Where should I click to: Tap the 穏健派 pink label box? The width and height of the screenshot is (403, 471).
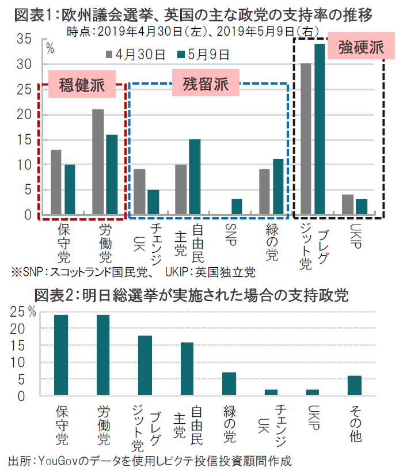(x=82, y=85)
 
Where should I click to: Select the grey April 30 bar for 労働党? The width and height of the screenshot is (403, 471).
(x=98, y=162)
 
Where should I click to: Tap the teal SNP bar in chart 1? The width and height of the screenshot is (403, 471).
(x=237, y=207)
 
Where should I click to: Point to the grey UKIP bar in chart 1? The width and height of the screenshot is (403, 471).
(x=348, y=204)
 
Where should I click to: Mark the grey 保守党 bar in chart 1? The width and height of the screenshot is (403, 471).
(x=56, y=182)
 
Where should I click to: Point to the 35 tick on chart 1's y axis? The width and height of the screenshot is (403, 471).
(x=24, y=39)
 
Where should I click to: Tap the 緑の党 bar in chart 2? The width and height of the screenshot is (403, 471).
(x=229, y=384)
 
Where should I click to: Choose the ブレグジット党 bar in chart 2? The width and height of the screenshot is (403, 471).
(x=145, y=366)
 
